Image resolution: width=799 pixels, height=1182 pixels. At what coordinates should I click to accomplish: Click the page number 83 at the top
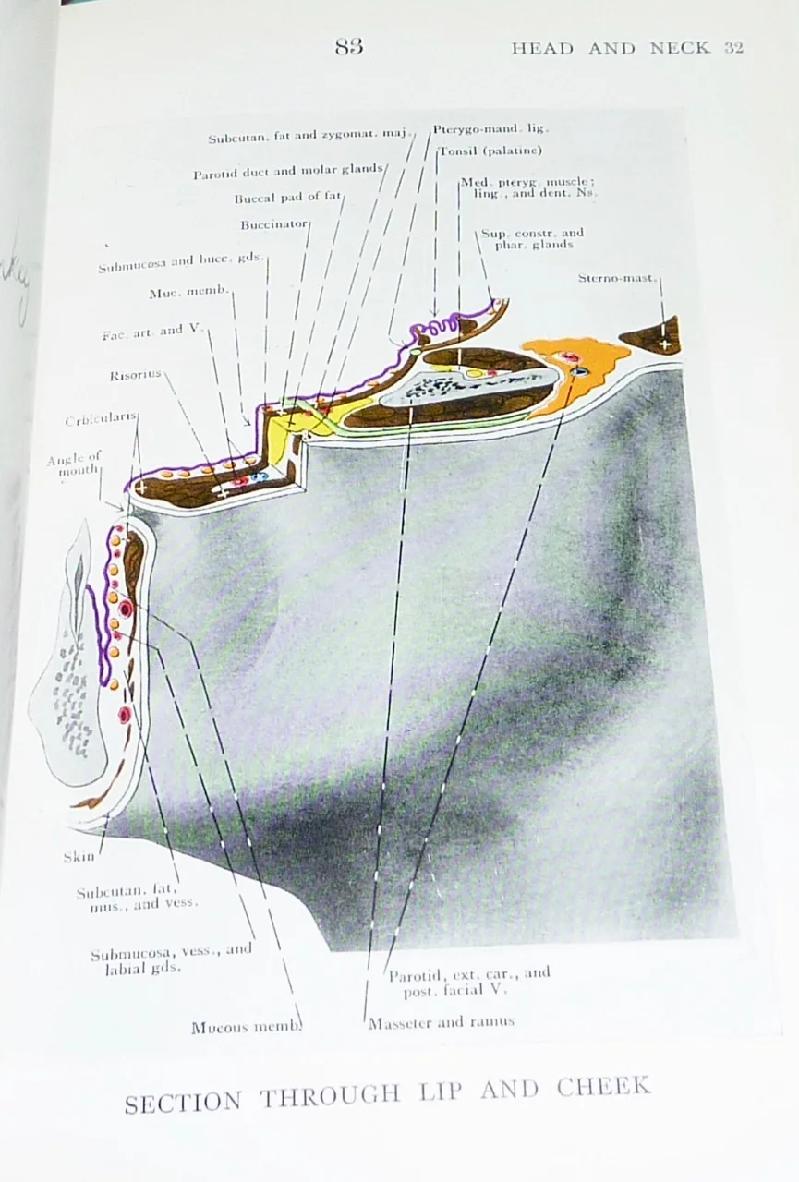pos(349,46)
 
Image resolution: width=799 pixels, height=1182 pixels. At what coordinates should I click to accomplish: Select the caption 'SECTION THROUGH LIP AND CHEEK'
pos(387,1096)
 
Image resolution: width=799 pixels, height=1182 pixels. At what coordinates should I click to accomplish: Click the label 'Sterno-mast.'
pos(618,278)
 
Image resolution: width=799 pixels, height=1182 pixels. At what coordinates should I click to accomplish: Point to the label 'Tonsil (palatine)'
pos(490,151)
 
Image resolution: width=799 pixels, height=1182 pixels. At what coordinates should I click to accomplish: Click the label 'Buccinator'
pos(274,224)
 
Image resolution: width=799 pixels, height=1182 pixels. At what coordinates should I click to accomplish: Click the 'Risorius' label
pos(136,374)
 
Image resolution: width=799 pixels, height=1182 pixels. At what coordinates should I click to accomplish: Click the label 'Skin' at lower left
pos(79,857)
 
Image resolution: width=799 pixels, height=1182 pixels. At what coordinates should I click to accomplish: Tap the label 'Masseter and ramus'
pos(442,1022)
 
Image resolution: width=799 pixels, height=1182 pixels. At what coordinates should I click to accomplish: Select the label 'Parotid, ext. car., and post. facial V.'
pos(468,982)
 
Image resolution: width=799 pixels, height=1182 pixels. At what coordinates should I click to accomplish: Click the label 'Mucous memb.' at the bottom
pos(246,1027)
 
